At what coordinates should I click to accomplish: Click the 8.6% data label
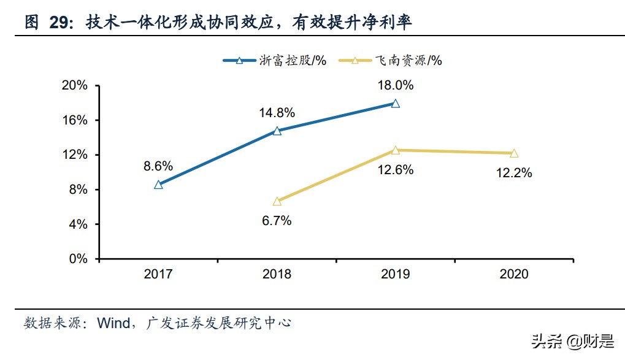(x=158, y=166)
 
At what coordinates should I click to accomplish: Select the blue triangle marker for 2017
(x=158, y=185)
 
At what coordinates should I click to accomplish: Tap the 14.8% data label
(x=277, y=112)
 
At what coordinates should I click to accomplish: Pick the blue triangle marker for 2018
(x=277, y=131)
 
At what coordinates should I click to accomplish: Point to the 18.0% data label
(x=395, y=85)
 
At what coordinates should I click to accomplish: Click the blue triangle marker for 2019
(x=395, y=104)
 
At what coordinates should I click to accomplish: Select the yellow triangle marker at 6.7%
(x=277, y=201)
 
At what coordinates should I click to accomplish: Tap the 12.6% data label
(x=395, y=170)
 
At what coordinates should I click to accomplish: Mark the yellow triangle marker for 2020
(x=513, y=153)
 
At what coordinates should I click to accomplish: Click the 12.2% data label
(x=513, y=173)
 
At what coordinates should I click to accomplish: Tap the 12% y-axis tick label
(x=77, y=155)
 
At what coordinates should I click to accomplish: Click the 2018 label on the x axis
(x=277, y=274)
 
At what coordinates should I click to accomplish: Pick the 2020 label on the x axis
(x=513, y=274)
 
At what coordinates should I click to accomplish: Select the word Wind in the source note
(x=112, y=323)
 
